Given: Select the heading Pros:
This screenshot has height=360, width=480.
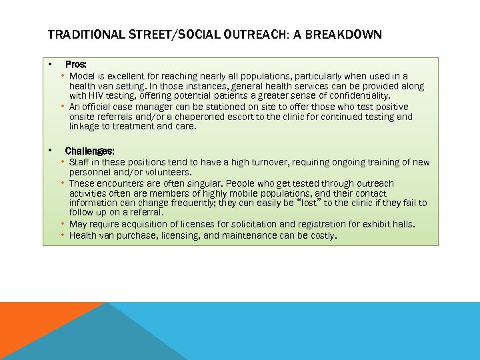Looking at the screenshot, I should click(75, 65).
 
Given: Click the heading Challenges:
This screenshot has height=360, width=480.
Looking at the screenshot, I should click(90, 151).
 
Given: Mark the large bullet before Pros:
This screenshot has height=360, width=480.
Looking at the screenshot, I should click(49, 65).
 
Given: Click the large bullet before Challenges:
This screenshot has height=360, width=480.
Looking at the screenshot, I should click(49, 151).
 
